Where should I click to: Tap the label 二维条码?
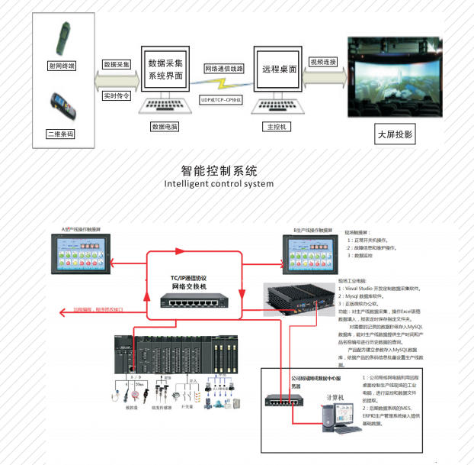[60, 134]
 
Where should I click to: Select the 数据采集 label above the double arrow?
[117, 65]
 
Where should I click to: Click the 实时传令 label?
[117, 97]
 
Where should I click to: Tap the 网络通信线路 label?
[224, 68]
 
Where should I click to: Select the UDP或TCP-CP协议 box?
[221, 99]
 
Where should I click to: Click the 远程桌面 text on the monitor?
[278, 69]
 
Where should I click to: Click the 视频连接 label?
[323, 62]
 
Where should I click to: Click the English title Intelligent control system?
[218, 183]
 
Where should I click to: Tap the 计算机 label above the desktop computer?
[337, 397]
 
